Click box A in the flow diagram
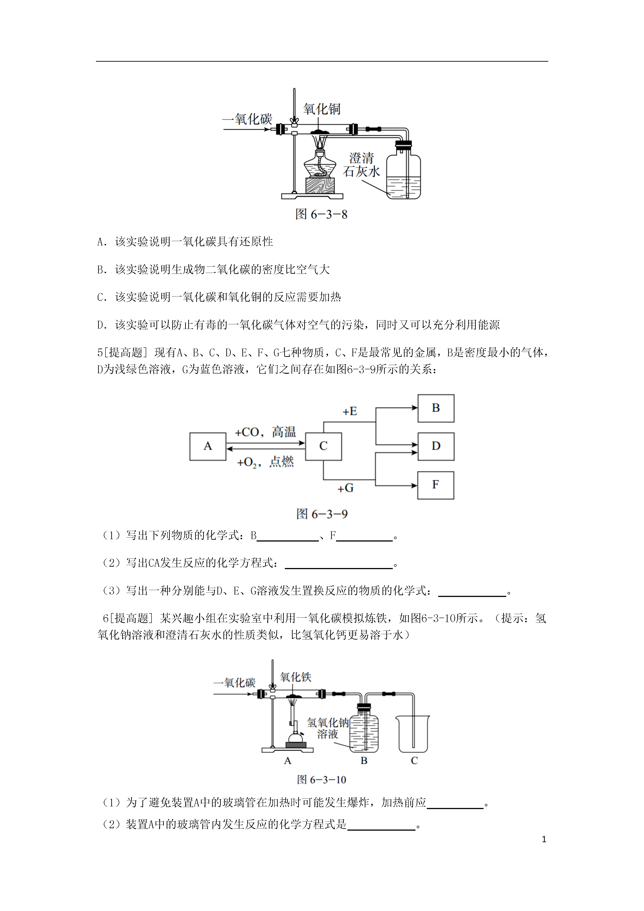pyautogui.click(x=208, y=446)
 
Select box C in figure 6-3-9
pyautogui.click(x=323, y=446)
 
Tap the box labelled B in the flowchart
pyautogui.click(x=436, y=408)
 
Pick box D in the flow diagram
pyautogui.click(x=436, y=446)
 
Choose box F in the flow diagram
pyautogui.click(x=436, y=485)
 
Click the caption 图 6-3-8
pyautogui.click(x=321, y=214)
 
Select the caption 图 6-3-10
pyautogui.click(x=321, y=780)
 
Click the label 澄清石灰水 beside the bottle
pyautogui.click(x=361, y=165)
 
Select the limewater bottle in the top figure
pyautogui.click(x=403, y=171)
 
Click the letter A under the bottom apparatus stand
pyautogui.click(x=288, y=761)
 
